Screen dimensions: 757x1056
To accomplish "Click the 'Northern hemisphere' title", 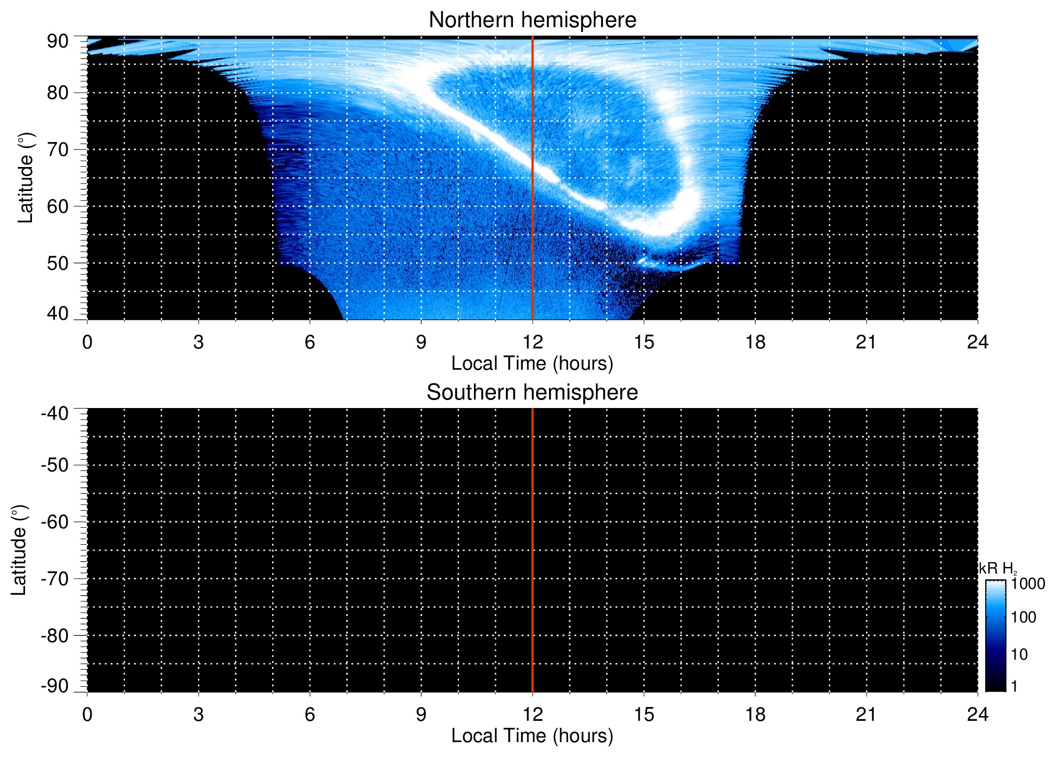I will point(532,20).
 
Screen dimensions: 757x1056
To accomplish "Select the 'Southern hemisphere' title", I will point(532,393).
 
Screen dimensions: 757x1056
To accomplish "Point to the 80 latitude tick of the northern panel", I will point(58,93).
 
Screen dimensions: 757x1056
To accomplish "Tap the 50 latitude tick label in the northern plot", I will point(58,263).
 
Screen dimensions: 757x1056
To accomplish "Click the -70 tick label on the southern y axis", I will point(55,579).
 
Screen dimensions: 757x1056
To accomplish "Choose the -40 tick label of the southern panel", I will point(55,413).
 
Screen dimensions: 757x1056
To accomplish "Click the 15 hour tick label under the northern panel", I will point(643,342).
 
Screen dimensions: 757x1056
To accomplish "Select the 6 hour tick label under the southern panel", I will point(310,714).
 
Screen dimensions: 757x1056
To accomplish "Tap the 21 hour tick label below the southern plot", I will point(866,714).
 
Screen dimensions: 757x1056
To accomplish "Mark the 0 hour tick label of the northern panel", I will point(87,342).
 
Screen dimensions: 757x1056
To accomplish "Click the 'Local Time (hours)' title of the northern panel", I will point(532,363).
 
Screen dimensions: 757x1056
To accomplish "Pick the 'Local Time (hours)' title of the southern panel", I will point(532,736).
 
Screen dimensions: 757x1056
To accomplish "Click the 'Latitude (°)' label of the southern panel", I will point(19,550).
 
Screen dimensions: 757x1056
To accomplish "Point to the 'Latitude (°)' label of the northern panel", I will point(25,178).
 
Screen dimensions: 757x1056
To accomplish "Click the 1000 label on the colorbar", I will point(1028,584).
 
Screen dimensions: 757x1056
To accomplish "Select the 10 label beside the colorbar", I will point(1019,654).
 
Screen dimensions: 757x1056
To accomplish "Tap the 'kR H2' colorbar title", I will point(997,569).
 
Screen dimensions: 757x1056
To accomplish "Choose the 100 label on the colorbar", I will point(1024,618).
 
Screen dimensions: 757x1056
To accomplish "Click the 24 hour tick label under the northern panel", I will point(977,342).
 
